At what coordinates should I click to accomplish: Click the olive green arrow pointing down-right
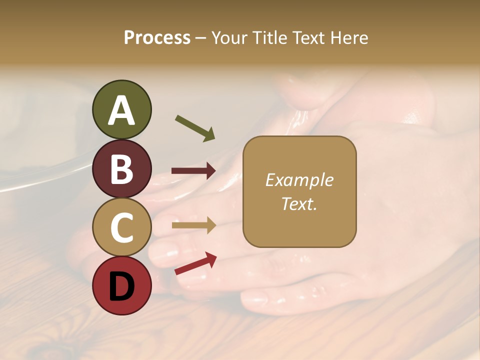pyautogui.click(x=195, y=128)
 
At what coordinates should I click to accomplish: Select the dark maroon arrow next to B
pyautogui.click(x=193, y=171)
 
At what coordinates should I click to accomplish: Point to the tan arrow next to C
pyautogui.click(x=193, y=225)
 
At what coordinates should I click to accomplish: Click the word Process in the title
pyautogui.click(x=157, y=38)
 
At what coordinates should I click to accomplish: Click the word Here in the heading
pyautogui.click(x=349, y=38)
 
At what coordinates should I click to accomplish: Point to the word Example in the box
pyautogui.click(x=299, y=180)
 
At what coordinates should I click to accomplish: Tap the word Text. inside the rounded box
pyautogui.click(x=299, y=204)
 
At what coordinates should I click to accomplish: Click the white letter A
pyautogui.click(x=121, y=111)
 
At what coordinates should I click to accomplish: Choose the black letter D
pyautogui.click(x=121, y=287)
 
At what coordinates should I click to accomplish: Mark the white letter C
pyautogui.click(x=121, y=228)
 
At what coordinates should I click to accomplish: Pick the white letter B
pyautogui.click(x=121, y=169)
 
